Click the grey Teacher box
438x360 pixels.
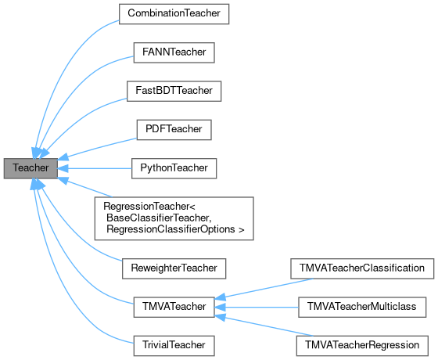[31, 168]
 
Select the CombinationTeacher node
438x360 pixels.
[174, 14]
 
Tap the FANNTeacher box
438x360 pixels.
[174, 52]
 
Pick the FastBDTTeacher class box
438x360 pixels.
[174, 91]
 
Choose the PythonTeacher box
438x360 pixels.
[174, 167]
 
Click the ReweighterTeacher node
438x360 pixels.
[174, 268]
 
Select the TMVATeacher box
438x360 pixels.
[174, 306]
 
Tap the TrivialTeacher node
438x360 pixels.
[174, 344]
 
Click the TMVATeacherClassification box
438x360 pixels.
[361, 268]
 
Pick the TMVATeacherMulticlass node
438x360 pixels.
[361, 306]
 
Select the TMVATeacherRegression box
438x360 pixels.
[361, 344]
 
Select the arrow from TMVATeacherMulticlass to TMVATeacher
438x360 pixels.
[258, 306]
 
